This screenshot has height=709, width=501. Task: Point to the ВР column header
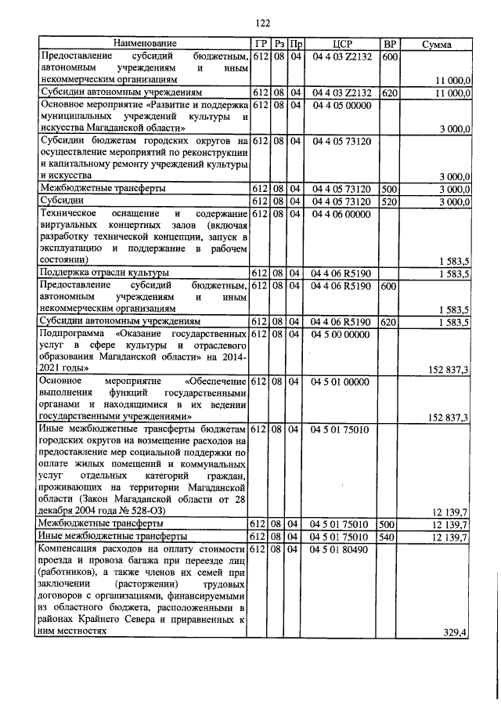click(x=388, y=44)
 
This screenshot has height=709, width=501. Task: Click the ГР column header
click(x=261, y=44)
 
